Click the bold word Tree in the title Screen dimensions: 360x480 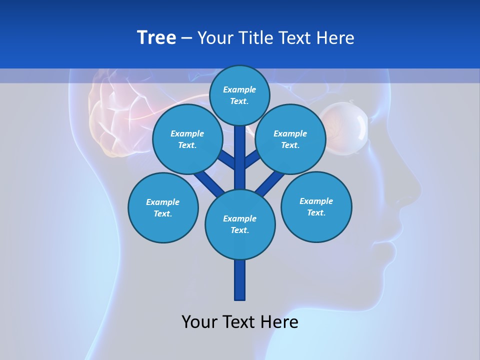point(156,38)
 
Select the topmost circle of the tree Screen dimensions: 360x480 point(239,95)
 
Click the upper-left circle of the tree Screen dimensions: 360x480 point(187,139)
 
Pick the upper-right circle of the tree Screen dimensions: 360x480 point(290,139)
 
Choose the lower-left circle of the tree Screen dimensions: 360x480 point(163,207)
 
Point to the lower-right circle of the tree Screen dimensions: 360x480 point(316,206)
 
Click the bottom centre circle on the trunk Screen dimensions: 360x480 point(240,224)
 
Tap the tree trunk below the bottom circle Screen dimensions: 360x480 point(240,280)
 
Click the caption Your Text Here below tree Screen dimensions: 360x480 point(240,322)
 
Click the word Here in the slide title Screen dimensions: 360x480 point(336,38)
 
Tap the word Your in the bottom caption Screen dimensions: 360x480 point(199,322)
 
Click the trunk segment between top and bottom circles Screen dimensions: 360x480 point(240,155)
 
